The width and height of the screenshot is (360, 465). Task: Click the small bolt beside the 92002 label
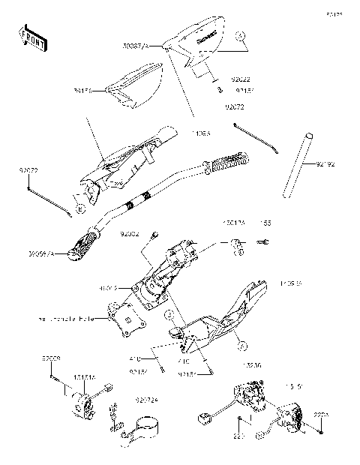coord(154,235)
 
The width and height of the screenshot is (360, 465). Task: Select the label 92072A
coord(145,400)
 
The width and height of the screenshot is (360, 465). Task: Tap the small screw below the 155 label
coord(263,242)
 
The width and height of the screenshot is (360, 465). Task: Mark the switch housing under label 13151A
coord(85,406)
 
